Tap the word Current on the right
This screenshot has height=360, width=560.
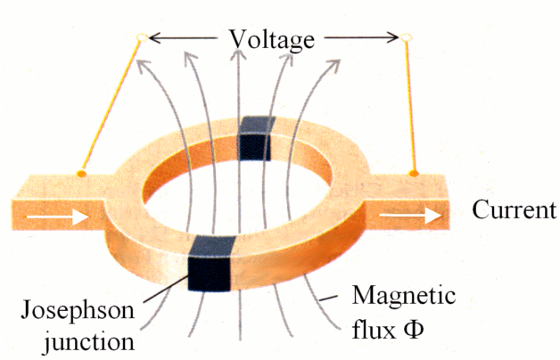tap(513, 211)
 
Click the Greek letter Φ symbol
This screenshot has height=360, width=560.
tap(413, 328)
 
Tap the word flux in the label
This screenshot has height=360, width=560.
tap(373, 327)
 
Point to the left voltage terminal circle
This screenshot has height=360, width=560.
tap(140, 38)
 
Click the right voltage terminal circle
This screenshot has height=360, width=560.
tap(406, 38)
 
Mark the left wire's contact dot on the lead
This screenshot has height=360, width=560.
tap(82, 172)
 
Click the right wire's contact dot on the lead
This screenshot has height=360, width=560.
tap(414, 172)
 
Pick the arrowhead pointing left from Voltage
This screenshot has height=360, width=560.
tap(153, 38)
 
